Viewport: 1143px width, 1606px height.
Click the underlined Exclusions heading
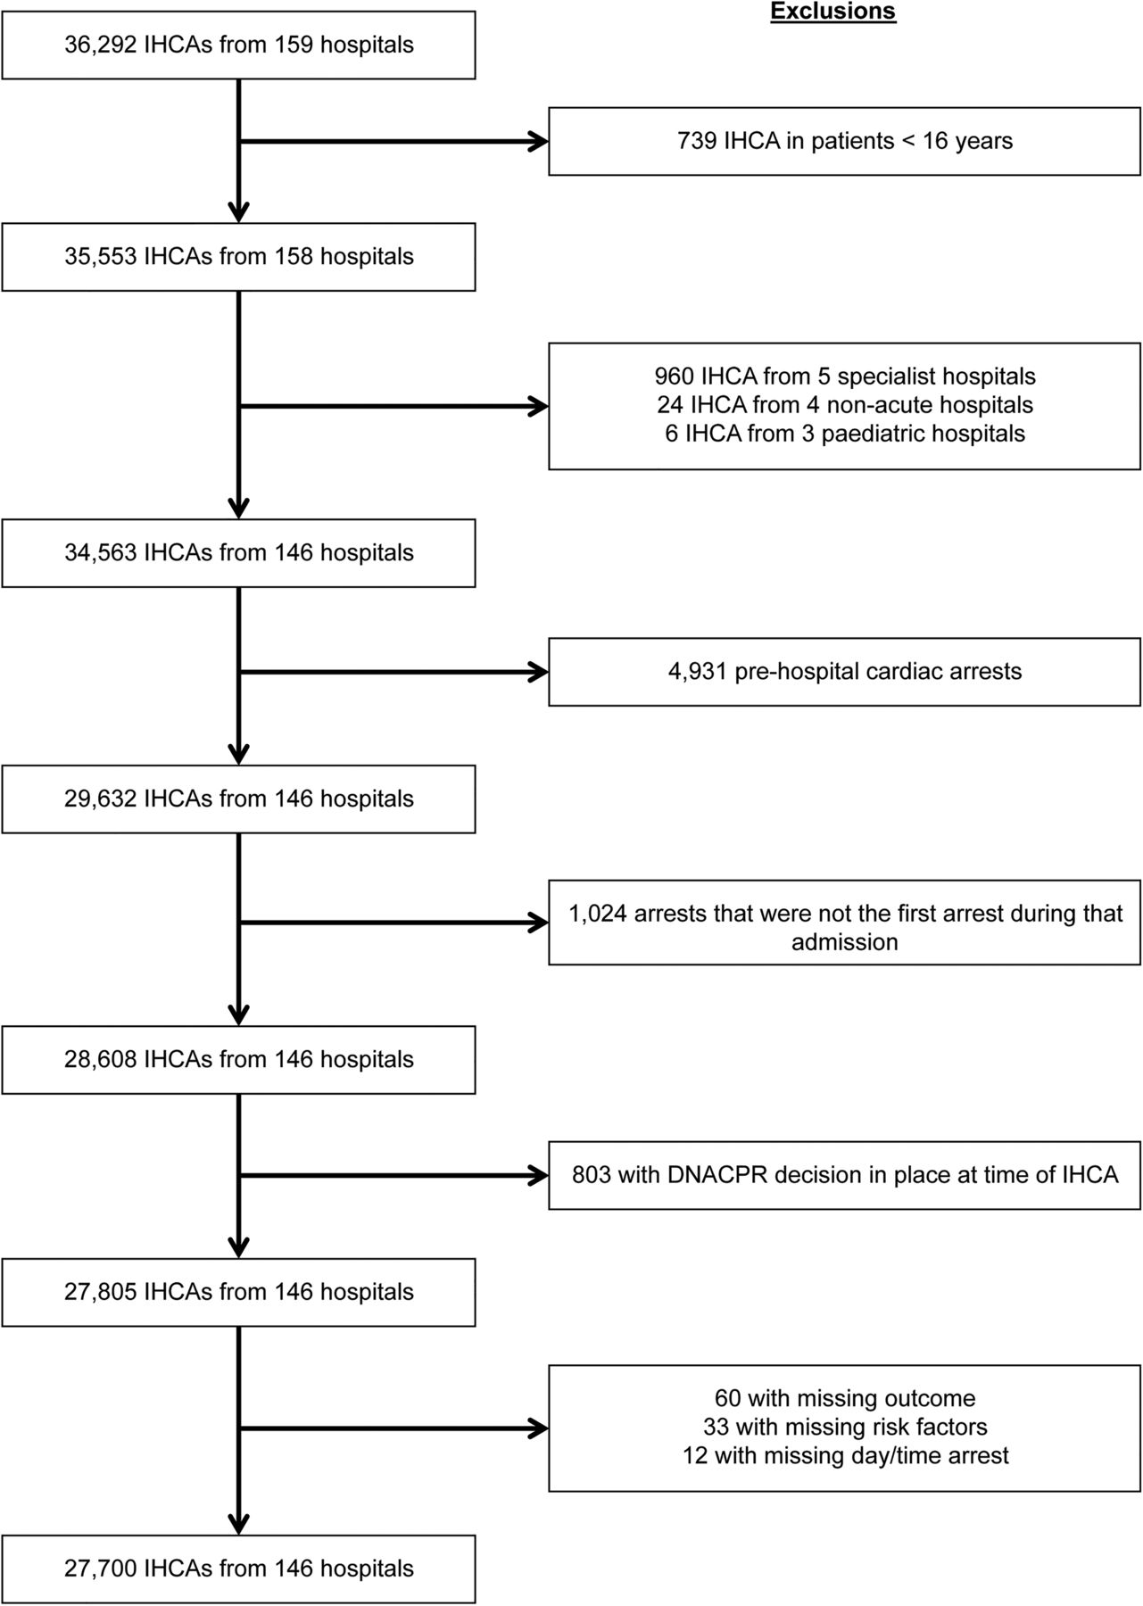[x=832, y=12]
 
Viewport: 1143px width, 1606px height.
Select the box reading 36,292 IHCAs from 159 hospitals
[x=238, y=45]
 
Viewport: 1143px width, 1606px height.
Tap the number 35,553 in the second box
[x=101, y=257]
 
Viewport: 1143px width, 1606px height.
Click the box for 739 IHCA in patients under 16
[x=844, y=141]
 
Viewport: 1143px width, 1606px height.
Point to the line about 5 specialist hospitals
[x=845, y=376]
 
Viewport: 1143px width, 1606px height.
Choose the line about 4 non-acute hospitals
[x=845, y=405]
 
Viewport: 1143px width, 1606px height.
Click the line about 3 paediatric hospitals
[x=845, y=434]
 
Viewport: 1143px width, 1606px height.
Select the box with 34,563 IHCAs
[x=238, y=553]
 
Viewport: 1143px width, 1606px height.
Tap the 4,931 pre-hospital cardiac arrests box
[x=844, y=672]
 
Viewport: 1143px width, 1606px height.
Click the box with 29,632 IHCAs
[x=238, y=799]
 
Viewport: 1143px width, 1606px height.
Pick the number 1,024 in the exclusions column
[x=598, y=914]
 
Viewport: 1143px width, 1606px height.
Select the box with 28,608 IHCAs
[x=238, y=1060]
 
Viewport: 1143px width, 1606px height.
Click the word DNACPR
[x=716, y=1174]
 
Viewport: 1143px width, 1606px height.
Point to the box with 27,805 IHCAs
[x=238, y=1292]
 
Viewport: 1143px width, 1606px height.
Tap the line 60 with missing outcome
[x=845, y=1398]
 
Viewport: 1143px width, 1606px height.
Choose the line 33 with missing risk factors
[x=845, y=1428]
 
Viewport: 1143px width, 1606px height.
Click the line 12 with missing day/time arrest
[x=845, y=1456]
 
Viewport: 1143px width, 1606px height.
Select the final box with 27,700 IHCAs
[x=238, y=1569]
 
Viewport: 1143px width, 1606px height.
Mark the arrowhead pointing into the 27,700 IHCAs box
[x=238, y=1524]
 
